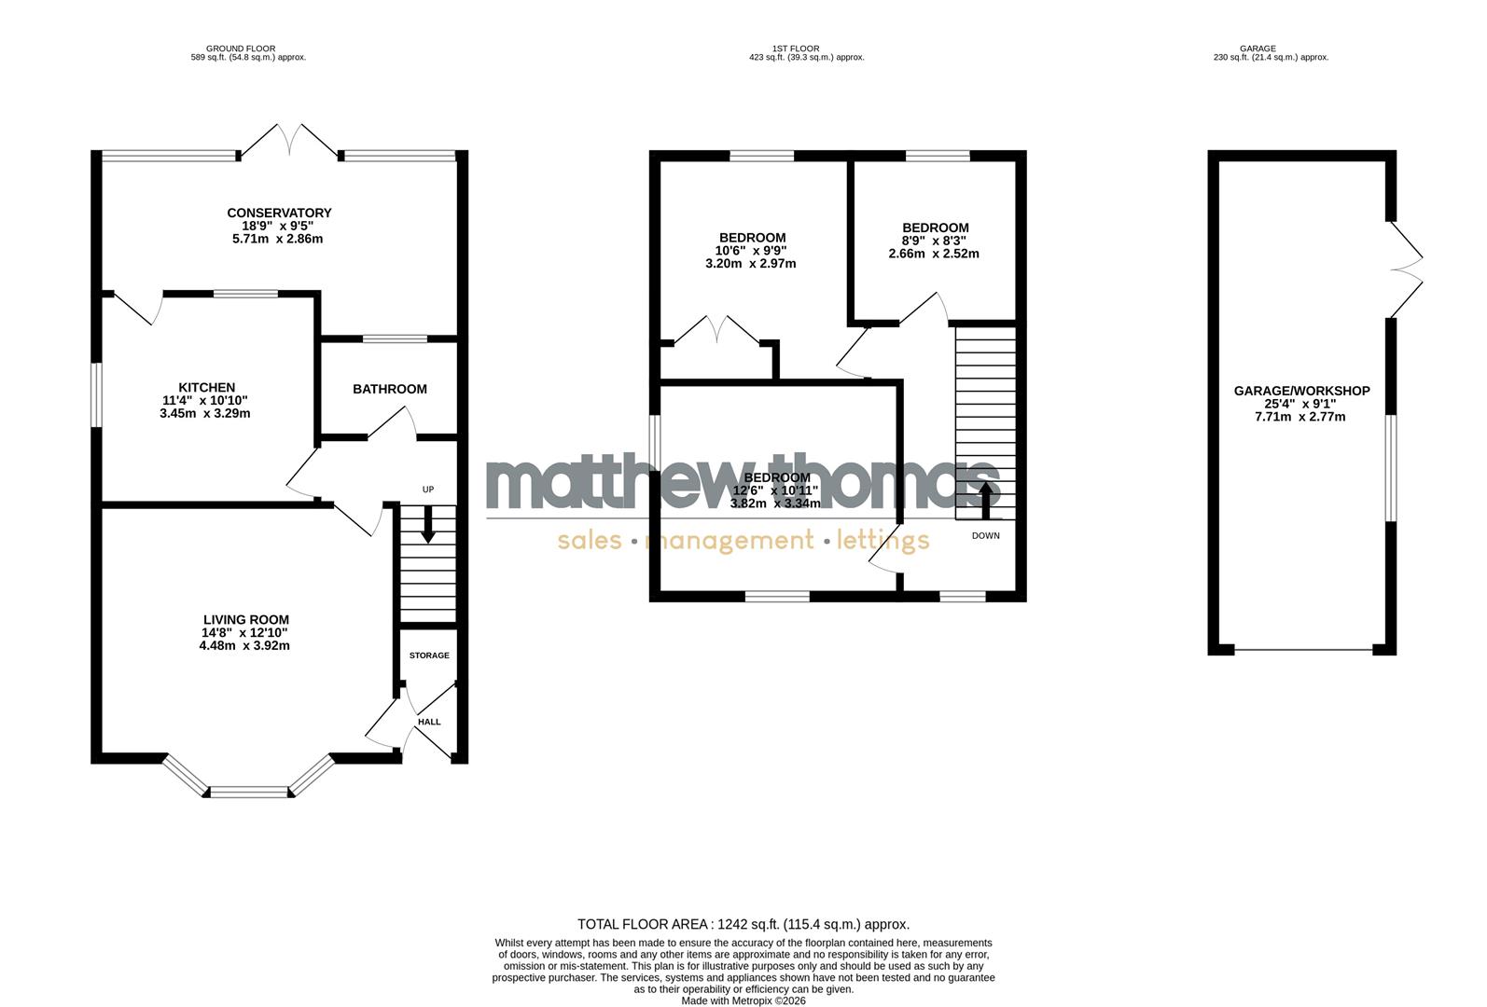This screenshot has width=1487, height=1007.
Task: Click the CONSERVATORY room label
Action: point(279,214)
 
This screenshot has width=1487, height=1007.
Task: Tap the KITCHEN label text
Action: point(206,388)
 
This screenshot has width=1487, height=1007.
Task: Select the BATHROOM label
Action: point(389,389)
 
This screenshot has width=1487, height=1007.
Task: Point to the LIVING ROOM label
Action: point(246,620)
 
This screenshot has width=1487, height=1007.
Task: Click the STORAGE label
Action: point(429,655)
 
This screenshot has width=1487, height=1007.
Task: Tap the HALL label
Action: point(429,722)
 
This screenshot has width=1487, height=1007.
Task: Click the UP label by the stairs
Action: point(428,490)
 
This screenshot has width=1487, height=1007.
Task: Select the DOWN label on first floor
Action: point(985,536)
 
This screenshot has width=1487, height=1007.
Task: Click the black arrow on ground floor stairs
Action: point(428,524)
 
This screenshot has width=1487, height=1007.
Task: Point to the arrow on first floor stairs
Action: point(985,498)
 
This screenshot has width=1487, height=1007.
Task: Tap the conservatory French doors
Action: point(290,140)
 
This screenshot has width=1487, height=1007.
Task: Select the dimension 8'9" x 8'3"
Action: point(935,241)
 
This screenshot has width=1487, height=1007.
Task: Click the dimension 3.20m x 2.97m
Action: point(751,264)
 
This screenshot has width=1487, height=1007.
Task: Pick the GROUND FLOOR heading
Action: point(241,48)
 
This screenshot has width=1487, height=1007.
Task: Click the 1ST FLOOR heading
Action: point(796,48)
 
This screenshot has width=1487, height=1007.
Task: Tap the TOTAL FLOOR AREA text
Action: point(743,924)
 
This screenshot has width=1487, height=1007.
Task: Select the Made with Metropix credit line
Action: point(743,1000)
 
